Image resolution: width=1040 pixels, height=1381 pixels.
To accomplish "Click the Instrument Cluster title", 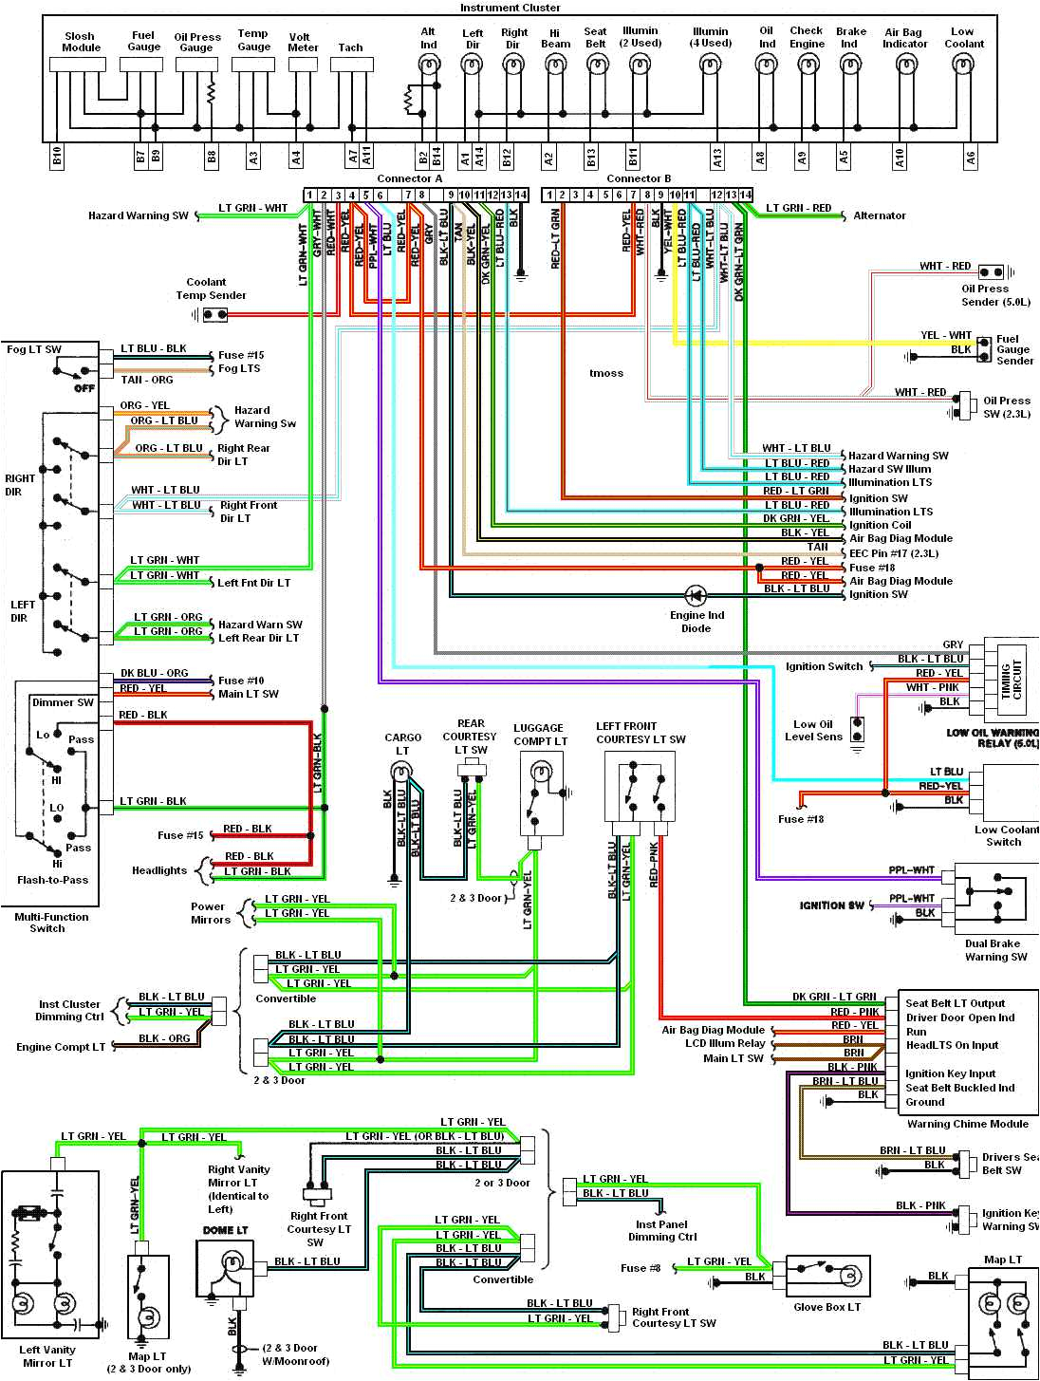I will [510, 8].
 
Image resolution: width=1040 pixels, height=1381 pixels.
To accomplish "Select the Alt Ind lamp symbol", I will [428, 65].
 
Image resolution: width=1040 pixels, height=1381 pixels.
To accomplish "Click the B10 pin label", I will [57, 158].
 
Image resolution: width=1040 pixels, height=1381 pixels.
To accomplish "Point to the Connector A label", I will [409, 178].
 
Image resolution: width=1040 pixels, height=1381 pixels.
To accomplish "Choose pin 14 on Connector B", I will [746, 195].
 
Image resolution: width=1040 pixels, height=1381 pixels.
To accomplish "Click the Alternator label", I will [879, 215].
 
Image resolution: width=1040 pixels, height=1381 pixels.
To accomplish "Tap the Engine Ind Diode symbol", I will [696, 596].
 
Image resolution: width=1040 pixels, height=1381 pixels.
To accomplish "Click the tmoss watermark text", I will [606, 373].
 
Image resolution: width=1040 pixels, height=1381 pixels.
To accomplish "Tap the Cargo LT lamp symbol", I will [402, 770].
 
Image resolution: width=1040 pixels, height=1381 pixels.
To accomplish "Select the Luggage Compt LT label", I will [540, 735].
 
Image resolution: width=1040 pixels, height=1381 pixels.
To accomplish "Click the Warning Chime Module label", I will [967, 1124].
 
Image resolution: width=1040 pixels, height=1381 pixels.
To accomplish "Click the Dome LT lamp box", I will [226, 1268].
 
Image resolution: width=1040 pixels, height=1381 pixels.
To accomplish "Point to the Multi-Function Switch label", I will [51, 923].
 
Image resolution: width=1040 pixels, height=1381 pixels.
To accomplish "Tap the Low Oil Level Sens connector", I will [857, 730].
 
